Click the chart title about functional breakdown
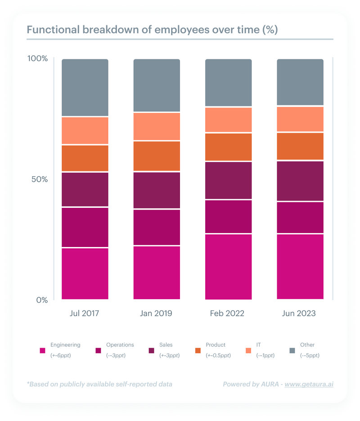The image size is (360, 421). pos(152,30)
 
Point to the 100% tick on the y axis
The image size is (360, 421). pos(37,59)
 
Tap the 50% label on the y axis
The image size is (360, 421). pos(39,179)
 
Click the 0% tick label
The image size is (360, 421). pos(42,300)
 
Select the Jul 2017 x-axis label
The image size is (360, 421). pos(85,313)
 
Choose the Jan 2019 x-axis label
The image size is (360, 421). pos(156,313)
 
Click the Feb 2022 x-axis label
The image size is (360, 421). pos(227,313)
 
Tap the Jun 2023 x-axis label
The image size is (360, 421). pos(299,313)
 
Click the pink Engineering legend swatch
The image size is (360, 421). pos(43,350)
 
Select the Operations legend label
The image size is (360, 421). pos(120,345)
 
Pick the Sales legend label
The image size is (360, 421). pos(166,345)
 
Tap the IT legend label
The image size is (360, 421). pos(258,345)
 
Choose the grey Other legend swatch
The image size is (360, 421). pos(292,350)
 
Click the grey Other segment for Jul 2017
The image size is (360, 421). pos(85,87)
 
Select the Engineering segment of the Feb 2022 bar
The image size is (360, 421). pos(228,266)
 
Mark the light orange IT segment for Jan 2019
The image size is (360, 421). pos(157,126)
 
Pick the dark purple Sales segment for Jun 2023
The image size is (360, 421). pos(300,181)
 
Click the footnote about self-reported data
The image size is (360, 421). pos(99,384)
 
